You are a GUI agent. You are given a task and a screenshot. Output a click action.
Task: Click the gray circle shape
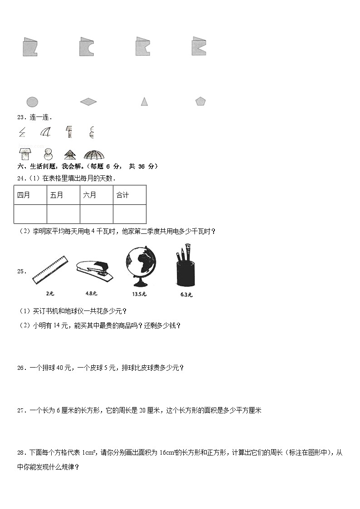(x=32, y=102)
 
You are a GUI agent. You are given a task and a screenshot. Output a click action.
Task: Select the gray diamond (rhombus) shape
(x=88, y=102)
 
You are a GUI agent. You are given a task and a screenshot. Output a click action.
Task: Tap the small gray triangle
(x=144, y=102)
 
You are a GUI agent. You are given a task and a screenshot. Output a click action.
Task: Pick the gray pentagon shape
(x=200, y=102)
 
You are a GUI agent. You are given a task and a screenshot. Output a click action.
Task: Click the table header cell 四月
(x=30, y=195)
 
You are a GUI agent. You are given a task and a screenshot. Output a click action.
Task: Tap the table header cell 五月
(x=63, y=195)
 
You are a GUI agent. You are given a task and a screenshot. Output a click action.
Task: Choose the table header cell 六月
(x=97, y=195)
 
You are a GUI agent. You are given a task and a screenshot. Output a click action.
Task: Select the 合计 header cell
(x=130, y=195)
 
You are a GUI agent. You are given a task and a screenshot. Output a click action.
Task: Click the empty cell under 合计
(x=130, y=214)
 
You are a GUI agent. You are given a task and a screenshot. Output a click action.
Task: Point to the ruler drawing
(x=49, y=271)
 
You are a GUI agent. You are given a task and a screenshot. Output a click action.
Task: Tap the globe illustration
(x=141, y=267)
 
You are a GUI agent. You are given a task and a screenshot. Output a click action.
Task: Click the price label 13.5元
(x=139, y=294)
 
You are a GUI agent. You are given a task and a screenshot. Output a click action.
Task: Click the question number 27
(x=20, y=411)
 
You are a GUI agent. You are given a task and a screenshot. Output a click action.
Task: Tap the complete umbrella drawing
(x=94, y=155)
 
